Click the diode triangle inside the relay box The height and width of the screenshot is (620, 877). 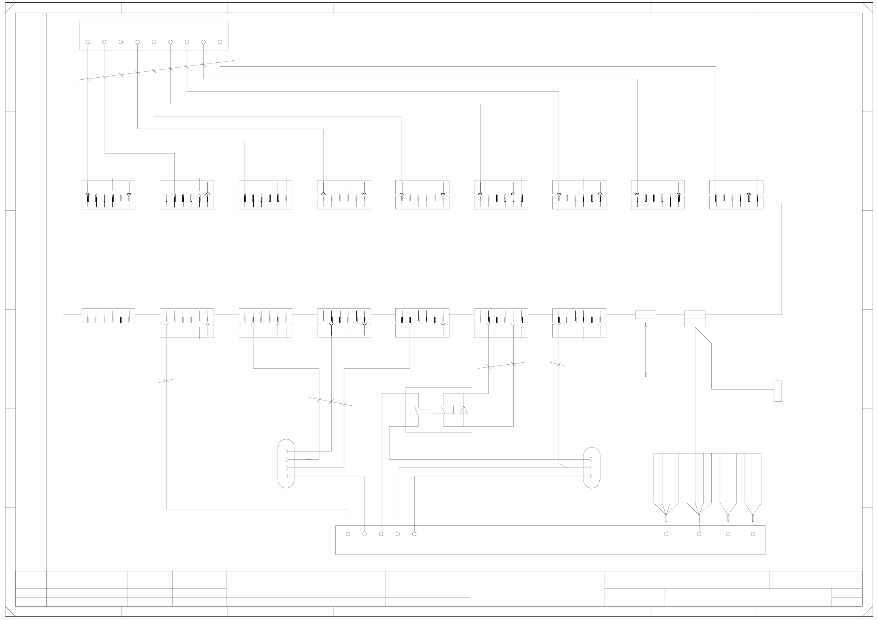point(464,410)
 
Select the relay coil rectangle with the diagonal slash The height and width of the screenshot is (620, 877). point(443,410)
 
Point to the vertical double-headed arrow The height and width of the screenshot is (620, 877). point(645,350)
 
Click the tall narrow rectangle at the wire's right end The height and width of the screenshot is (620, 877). point(778,391)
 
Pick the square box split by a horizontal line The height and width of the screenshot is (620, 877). point(695,319)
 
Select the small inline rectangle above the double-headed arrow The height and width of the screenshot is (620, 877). point(645,315)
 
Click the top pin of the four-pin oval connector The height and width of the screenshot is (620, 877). point(287,451)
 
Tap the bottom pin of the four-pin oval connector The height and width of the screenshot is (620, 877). point(287,476)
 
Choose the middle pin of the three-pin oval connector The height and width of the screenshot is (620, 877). point(591,468)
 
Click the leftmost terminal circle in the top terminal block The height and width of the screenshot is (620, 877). point(88,42)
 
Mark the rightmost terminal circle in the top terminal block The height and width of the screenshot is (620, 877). point(220,42)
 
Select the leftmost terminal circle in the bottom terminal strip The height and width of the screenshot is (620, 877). point(348,534)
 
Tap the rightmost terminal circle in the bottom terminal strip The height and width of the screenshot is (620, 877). point(753,534)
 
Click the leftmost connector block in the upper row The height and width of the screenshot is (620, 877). point(108,195)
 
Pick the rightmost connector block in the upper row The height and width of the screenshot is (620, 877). point(736,195)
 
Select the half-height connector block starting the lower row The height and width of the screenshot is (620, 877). point(108,316)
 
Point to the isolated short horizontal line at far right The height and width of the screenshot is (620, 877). point(819,385)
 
